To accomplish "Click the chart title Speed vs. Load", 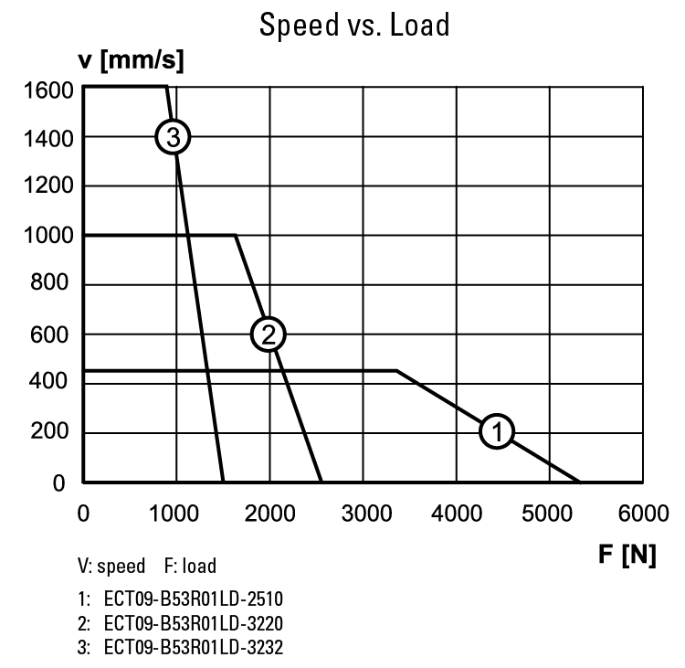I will click(354, 25).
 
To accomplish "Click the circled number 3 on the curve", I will click(173, 137).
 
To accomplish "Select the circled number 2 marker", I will click(269, 334).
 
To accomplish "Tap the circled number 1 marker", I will click(497, 431).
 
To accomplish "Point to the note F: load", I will click(190, 567).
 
